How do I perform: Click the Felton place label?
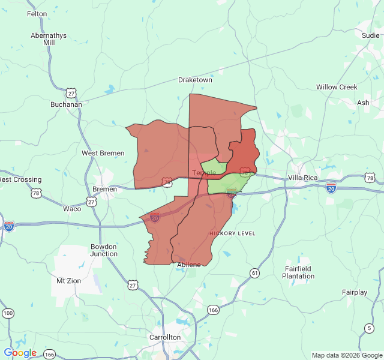(x=37, y=14)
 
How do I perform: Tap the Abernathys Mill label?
(x=49, y=39)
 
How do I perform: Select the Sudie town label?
(x=370, y=35)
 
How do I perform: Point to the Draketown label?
(x=195, y=80)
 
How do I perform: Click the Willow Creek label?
(x=337, y=87)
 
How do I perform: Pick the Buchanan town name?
(x=66, y=104)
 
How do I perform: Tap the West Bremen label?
(x=103, y=153)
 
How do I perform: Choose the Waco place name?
(x=72, y=209)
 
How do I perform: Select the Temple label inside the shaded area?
(x=204, y=173)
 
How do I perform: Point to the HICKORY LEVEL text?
(x=232, y=233)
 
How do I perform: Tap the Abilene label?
(x=189, y=265)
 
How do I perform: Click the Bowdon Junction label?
(x=104, y=250)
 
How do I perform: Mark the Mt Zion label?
(x=68, y=280)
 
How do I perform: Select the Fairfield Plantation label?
(x=298, y=272)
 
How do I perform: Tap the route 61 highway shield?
(x=255, y=274)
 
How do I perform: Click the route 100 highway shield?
(x=8, y=314)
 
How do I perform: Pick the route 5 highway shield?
(x=368, y=327)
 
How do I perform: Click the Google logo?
(x=20, y=353)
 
